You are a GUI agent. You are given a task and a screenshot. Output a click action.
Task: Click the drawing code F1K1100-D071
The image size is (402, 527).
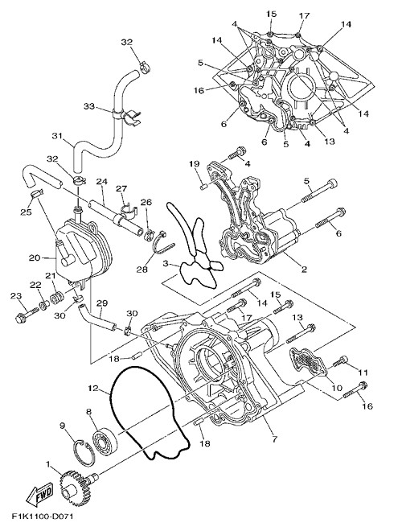(43, 516)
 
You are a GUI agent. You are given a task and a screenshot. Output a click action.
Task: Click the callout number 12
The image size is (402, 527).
(93, 389)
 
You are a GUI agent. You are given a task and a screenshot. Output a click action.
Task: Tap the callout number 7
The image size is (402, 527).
(274, 439)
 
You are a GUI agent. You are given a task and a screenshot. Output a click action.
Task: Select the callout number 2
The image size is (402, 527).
(304, 270)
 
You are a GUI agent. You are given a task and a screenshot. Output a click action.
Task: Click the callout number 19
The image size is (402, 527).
(195, 164)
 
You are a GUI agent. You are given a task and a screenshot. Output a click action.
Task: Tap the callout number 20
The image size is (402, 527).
(35, 257)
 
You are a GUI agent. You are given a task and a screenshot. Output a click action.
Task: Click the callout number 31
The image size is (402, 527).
(56, 136)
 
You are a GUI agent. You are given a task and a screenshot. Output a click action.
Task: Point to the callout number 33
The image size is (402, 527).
(89, 106)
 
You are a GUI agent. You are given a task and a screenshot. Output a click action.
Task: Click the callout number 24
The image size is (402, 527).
(102, 182)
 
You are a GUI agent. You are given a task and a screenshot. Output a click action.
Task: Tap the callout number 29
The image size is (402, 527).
(102, 303)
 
